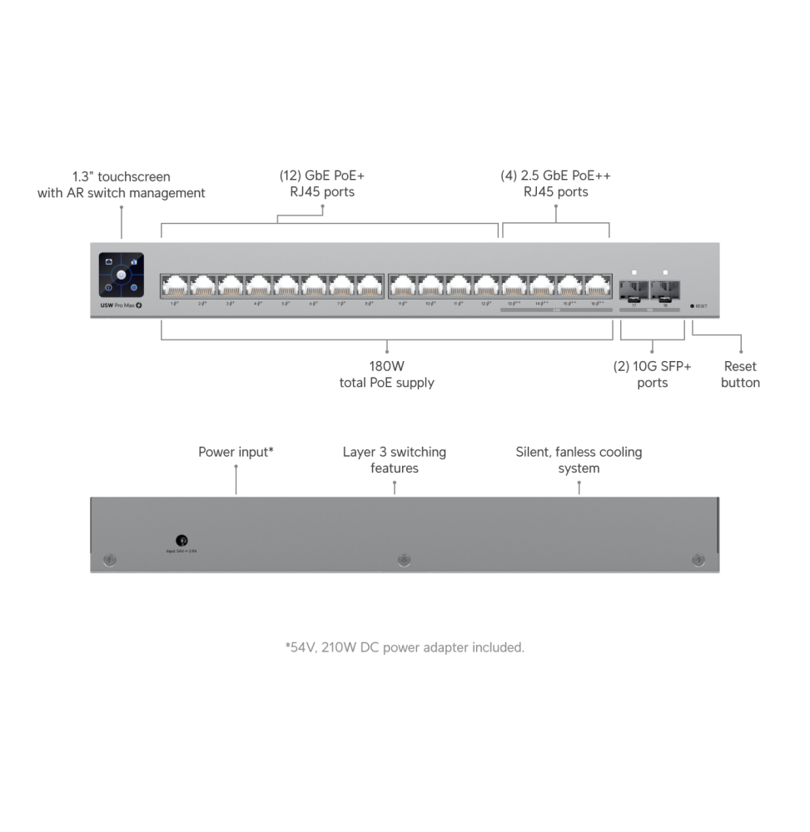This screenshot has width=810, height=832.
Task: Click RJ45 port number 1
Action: click(x=175, y=285)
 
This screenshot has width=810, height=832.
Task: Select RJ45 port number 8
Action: click(x=370, y=285)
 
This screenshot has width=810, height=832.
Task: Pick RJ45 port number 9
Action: click(x=402, y=285)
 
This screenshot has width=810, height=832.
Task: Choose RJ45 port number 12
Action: click(x=486, y=285)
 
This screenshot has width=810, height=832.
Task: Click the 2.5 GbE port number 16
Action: click(x=598, y=285)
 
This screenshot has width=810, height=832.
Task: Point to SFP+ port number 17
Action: click(x=634, y=289)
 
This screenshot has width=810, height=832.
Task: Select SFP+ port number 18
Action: click(x=663, y=289)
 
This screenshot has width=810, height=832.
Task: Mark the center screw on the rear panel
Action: click(x=405, y=561)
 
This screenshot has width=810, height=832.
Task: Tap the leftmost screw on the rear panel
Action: click(x=109, y=561)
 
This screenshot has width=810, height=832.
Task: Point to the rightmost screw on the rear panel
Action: click(x=698, y=561)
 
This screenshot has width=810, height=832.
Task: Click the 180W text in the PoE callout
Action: click(x=386, y=366)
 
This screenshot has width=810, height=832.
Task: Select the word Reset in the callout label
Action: click(x=740, y=366)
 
